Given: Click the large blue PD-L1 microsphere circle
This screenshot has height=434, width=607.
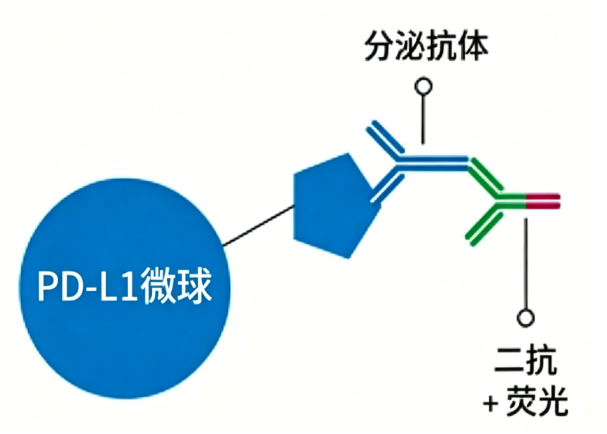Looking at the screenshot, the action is point(125,289).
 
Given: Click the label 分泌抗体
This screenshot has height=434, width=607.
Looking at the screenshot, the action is point(426,47).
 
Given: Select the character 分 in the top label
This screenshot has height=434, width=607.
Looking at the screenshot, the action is point(379,47).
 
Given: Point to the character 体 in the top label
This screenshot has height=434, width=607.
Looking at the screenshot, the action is point(473,47).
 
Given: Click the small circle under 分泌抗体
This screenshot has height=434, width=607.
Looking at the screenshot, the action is point(424,86).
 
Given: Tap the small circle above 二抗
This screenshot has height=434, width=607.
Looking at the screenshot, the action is point(526,318).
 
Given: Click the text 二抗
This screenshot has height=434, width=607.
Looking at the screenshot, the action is point(526,360).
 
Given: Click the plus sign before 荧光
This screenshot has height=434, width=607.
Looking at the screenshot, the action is point(491,404).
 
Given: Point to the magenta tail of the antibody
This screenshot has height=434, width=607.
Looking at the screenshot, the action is point(543,201).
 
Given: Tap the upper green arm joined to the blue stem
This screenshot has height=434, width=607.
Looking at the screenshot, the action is point(484,177).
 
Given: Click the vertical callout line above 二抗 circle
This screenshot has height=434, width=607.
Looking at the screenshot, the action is point(526,264).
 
